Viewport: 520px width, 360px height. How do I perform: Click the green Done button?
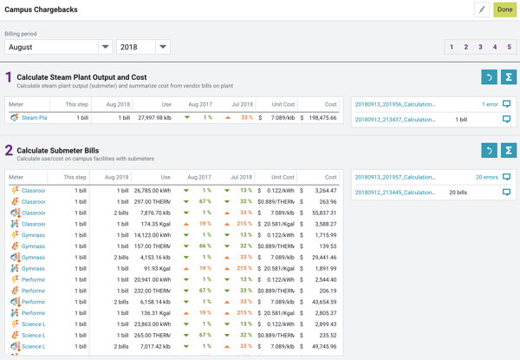pos(504,10)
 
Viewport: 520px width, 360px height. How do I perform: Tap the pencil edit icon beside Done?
pos(481,10)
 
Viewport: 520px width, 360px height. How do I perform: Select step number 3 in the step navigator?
pos(480,47)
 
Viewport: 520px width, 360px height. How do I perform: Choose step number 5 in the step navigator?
pos(509,47)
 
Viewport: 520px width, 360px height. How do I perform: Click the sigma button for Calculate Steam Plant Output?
pos(509,77)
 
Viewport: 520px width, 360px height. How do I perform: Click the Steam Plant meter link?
pos(34,118)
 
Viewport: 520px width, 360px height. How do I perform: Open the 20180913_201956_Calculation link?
pos(395,104)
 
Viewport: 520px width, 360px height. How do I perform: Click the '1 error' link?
pos(490,104)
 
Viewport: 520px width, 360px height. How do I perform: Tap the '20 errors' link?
pos(487,177)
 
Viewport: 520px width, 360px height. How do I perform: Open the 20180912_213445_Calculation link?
pos(395,193)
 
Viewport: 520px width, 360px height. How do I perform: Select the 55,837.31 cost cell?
pos(323,213)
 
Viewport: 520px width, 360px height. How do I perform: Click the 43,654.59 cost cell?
pos(323,302)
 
